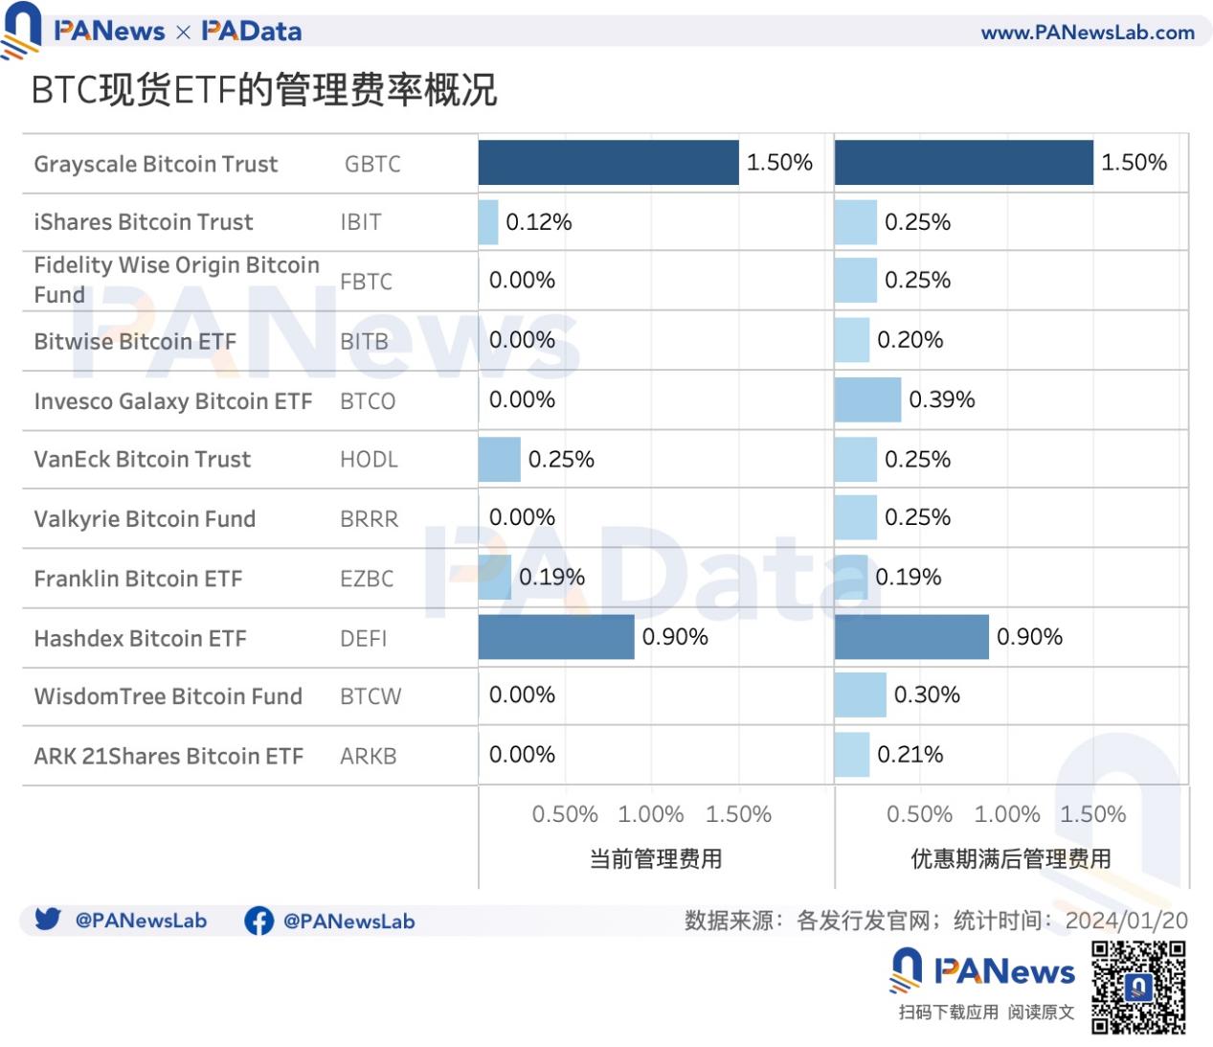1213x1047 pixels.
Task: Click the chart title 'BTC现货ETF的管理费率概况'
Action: pos(264,90)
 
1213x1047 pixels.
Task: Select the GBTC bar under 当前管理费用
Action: pos(608,163)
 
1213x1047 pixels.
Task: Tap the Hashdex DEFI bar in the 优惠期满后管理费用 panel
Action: pos(910,637)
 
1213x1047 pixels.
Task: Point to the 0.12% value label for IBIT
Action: pos(538,222)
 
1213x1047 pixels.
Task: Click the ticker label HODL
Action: pos(369,460)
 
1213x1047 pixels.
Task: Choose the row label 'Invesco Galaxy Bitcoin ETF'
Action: pos(173,401)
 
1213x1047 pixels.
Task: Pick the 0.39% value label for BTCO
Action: pos(941,399)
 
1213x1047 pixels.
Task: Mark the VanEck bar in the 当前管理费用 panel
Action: pos(499,460)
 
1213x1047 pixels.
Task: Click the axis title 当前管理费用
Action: pos(656,859)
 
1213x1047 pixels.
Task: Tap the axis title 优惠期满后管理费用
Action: pos(1010,859)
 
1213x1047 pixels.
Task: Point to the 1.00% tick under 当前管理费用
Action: pos(651,815)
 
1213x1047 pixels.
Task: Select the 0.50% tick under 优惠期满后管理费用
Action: pos(919,815)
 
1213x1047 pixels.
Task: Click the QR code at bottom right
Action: pos(1138,988)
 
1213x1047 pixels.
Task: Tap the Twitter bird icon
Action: pos(48,920)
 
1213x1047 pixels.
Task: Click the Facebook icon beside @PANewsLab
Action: pos(258,922)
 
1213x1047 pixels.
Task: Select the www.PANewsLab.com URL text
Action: pos(1088,33)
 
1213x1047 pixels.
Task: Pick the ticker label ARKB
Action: pos(369,757)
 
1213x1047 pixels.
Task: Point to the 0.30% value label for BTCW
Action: pos(927,694)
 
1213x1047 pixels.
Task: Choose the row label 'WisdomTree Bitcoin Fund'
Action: pos(168,696)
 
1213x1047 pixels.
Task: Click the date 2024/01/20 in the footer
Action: pos(1126,922)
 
